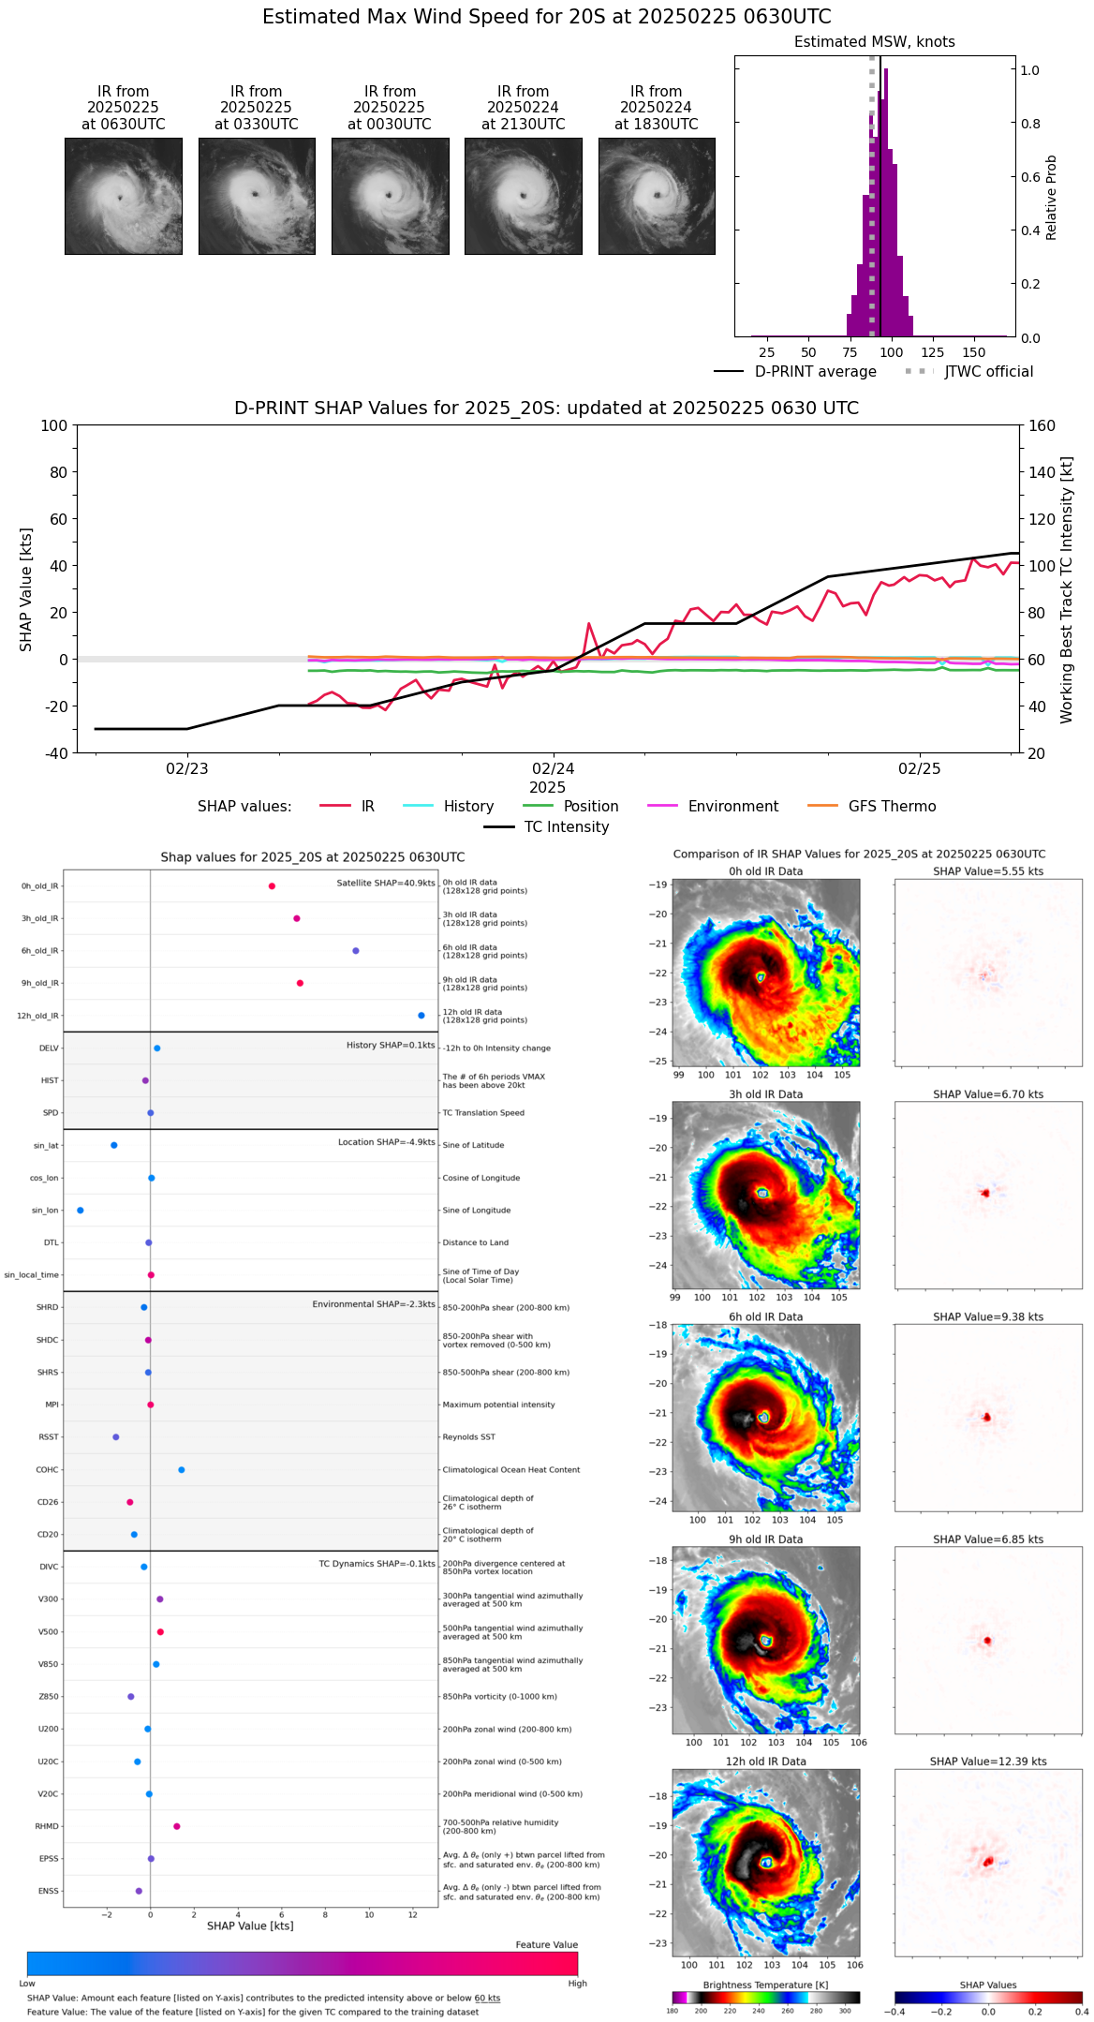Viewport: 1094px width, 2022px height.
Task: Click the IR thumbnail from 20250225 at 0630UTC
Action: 123,196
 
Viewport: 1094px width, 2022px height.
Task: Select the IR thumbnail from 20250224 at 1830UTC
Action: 657,196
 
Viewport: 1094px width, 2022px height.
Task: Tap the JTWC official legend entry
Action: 988,372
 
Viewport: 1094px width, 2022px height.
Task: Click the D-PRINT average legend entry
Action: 815,372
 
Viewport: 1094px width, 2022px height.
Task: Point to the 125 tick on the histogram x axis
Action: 932,352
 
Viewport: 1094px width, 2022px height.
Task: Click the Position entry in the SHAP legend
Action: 590,807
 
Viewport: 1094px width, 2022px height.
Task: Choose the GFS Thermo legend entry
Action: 892,807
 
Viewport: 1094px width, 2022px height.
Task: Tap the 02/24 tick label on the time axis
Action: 554,769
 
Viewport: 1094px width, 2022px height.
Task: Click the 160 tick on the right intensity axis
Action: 1042,425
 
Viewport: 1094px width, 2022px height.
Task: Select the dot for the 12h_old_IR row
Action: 421,1016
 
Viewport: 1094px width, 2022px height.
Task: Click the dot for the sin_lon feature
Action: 81,1211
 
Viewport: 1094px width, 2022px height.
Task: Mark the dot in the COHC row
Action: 182,1470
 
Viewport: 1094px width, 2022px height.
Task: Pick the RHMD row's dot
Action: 177,1826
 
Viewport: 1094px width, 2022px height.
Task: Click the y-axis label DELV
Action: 49,1048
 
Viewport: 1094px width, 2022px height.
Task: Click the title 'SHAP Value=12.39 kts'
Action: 988,1762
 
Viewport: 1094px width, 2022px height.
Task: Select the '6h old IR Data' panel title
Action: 765,1316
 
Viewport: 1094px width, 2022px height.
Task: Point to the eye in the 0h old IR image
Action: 761,977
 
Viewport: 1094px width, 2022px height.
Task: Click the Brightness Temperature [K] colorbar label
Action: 765,1985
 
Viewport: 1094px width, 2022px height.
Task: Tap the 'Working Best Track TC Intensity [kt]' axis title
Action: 1067,590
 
